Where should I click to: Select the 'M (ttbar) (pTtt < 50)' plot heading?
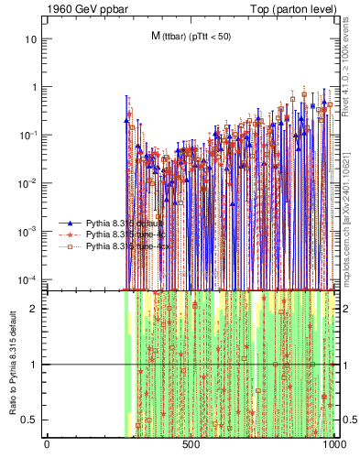click(x=191, y=35)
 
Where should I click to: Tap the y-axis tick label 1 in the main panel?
click(x=35, y=87)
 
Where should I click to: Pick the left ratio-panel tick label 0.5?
click(x=32, y=420)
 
